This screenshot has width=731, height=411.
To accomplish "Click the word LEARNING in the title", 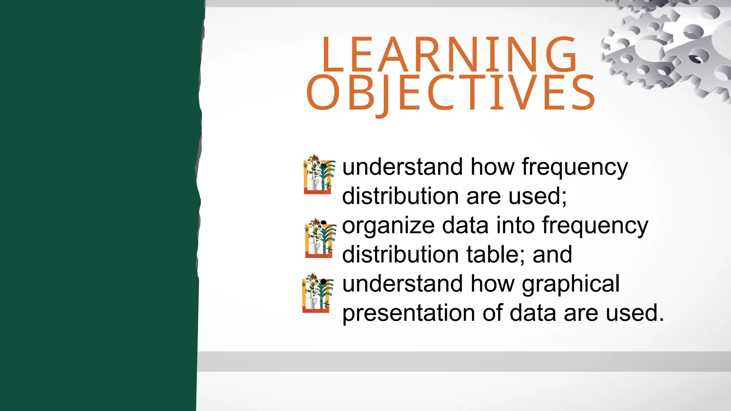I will (449, 55).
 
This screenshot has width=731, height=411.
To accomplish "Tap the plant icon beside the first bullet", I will (318, 174).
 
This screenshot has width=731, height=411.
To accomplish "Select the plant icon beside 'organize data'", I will (320, 238).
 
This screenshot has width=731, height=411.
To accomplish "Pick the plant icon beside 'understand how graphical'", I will (317, 293).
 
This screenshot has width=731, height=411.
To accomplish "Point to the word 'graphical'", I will (570, 284).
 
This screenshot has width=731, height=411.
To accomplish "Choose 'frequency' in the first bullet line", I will (574, 168).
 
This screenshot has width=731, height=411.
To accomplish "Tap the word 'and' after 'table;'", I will (552, 255).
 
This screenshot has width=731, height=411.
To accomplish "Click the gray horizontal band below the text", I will (464, 361).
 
